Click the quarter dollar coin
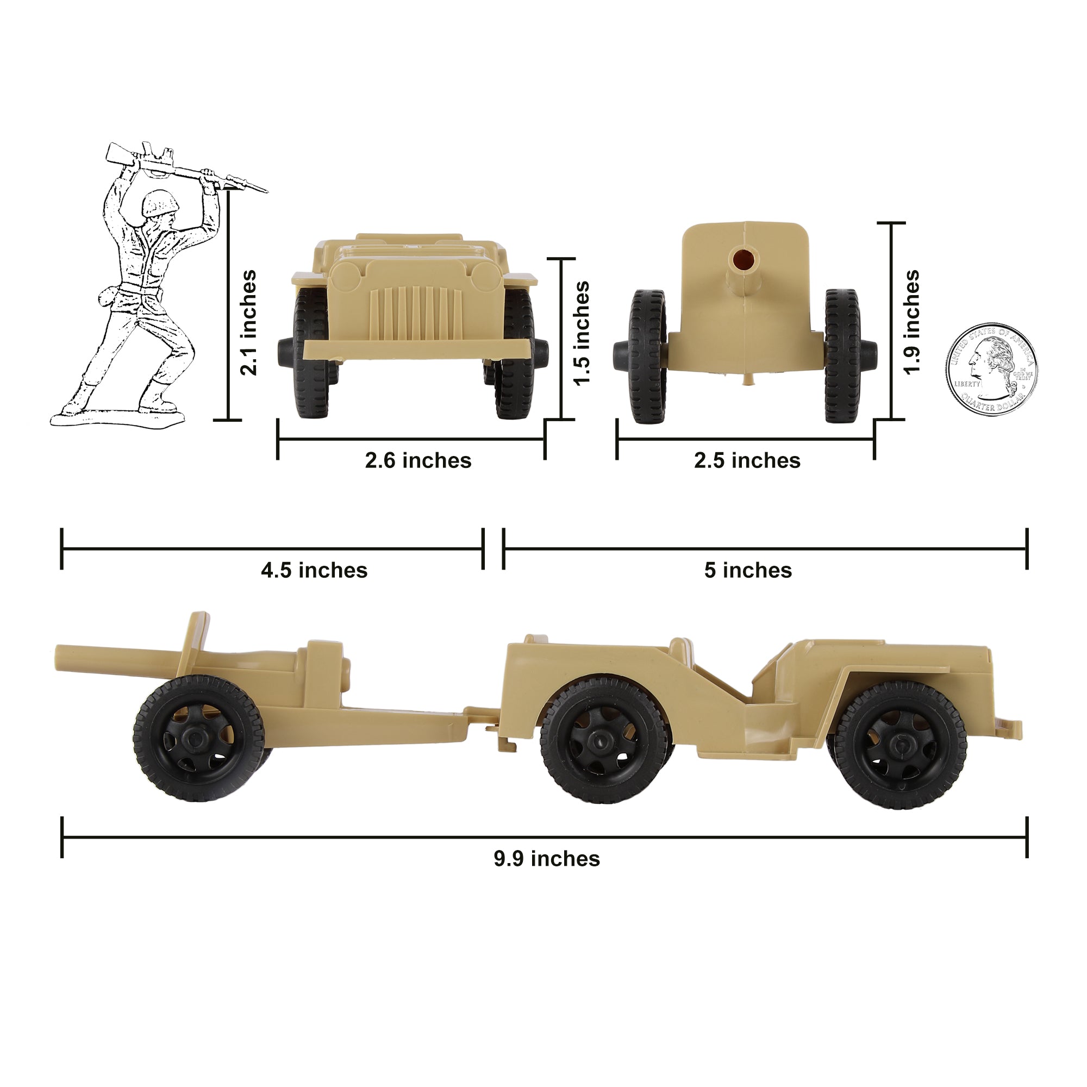pyautogui.click(x=991, y=370)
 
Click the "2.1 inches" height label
pyautogui.click(x=248, y=322)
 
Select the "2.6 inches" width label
pyautogui.click(x=418, y=461)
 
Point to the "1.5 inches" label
pyautogui.click(x=582, y=333)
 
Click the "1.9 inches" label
pyautogui.click(x=911, y=322)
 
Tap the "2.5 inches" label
pyautogui.click(x=747, y=461)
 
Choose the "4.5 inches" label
pyautogui.click(x=314, y=571)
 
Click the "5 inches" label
pyautogui.click(x=748, y=571)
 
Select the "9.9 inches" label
pyautogui.click(x=547, y=859)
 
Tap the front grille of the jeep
pyautogui.click(x=415, y=313)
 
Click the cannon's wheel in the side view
pyautogui.click(x=198, y=738)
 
